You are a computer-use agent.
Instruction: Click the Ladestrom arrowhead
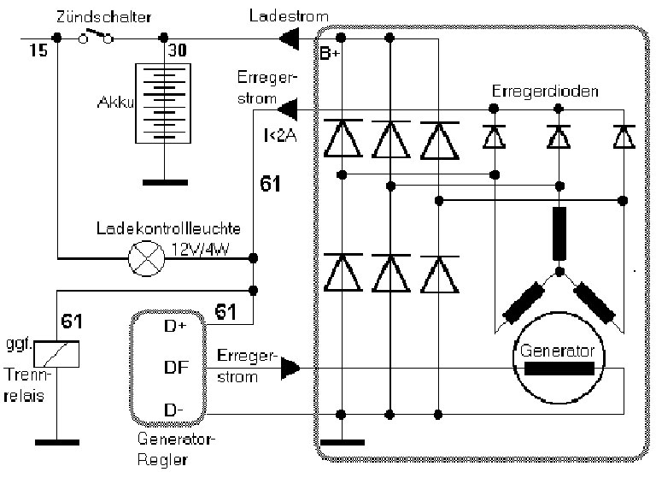[290, 37]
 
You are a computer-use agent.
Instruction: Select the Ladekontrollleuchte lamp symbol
[143, 257]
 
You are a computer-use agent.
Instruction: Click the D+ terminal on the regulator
[174, 326]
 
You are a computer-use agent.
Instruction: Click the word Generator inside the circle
[556, 351]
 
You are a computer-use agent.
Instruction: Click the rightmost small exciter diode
[624, 136]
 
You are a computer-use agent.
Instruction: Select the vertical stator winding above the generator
[559, 233]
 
